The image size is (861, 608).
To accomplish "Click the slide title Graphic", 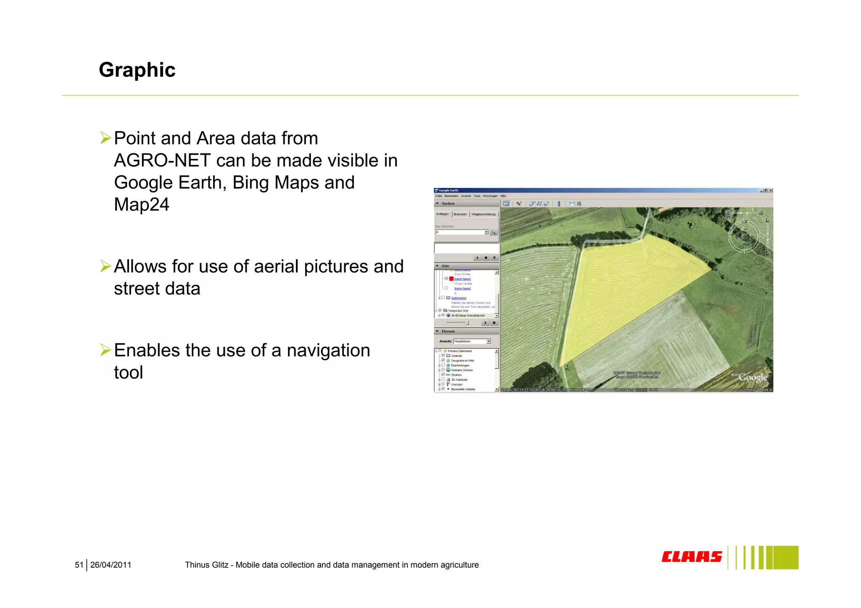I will click(x=137, y=70).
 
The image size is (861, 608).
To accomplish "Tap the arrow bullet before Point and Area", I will click(x=105, y=138).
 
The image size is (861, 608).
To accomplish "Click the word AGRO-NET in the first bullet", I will click(x=162, y=161).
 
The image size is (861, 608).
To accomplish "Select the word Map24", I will click(x=142, y=205).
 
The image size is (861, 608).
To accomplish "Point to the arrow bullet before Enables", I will click(x=105, y=350).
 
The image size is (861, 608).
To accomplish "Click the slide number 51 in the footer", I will click(x=79, y=565).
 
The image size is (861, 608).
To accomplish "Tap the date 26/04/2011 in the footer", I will click(x=111, y=565).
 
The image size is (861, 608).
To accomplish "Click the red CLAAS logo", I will click(x=692, y=557).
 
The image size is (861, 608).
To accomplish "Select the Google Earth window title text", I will click(x=449, y=190).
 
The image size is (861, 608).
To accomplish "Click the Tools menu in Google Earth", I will click(x=477, y=196).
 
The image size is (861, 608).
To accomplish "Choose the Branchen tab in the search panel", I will click(x=460, y=214).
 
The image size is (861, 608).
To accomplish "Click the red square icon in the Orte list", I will click(x=452, y=279).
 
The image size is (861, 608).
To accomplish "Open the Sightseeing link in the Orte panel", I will click(x=459, y=298).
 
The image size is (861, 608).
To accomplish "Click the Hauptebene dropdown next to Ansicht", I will click(x=472, y=341).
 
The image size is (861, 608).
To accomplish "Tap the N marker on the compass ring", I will click(x=744, y=221).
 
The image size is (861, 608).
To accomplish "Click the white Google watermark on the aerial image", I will click(x=753, y=377).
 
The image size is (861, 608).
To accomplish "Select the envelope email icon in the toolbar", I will click(x=572, y=204).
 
